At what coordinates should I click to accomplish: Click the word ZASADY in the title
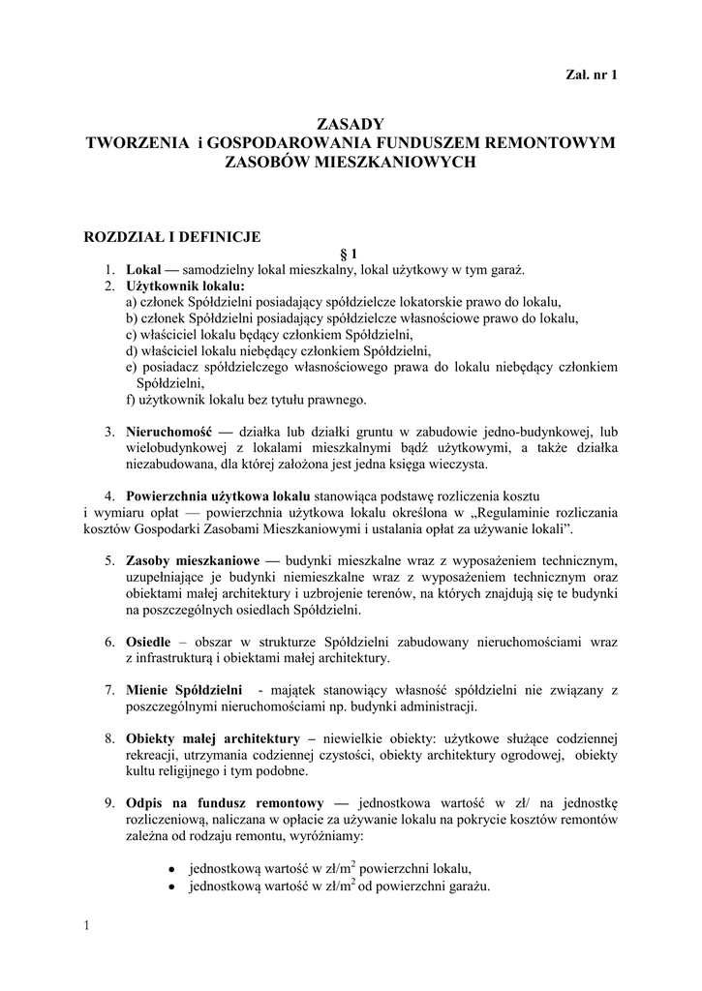pos(351,124)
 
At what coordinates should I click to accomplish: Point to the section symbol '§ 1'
pos(351,253)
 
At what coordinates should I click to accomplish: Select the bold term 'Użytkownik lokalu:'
pos(185,286)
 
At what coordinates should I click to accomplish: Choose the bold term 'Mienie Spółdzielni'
pos(184,690)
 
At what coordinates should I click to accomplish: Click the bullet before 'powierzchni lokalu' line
pos(170,869)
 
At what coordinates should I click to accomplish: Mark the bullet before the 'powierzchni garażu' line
pos(170,886)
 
